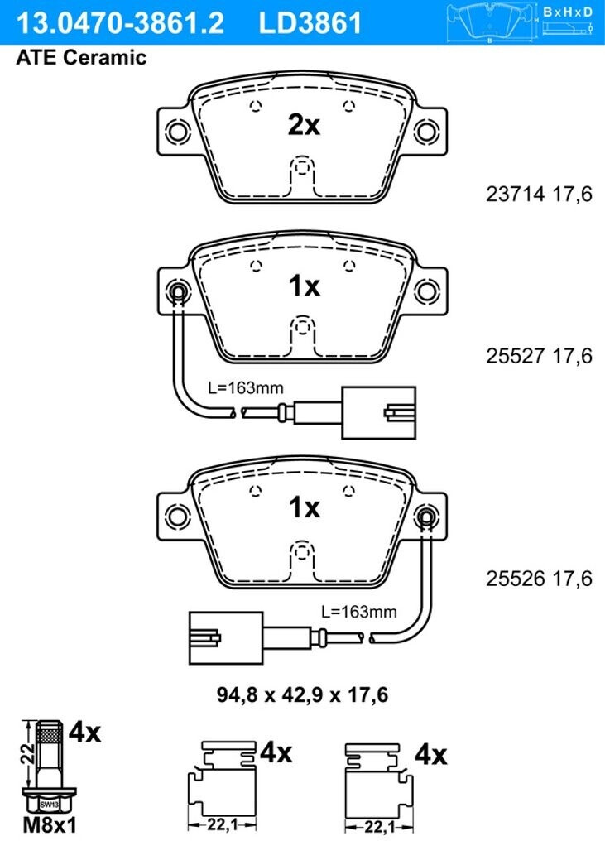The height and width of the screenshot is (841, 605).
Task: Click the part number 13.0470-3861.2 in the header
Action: coord(121,23)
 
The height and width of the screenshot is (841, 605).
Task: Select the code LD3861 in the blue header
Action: coord(310,23)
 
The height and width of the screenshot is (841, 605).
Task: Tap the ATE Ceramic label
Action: coord(82,57)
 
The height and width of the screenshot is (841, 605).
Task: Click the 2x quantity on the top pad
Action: coord(304,126)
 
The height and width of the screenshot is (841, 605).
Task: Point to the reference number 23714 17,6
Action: coord(539,194)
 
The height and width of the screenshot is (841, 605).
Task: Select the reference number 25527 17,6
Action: coord(539,356)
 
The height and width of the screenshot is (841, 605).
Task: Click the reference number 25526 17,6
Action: coord(539,578)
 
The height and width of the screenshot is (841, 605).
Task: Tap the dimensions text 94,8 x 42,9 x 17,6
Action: coord(303,695)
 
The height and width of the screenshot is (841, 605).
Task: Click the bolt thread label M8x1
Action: coord(50,825)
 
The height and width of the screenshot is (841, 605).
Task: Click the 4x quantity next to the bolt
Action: coord(84,732)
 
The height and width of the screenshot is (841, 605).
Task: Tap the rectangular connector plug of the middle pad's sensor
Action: coord(379,412)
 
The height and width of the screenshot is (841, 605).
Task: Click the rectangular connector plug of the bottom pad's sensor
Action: coord(226,638)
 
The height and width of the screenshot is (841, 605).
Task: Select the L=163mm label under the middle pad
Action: coord(246,387)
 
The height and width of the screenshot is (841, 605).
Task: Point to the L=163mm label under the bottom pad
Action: coord(359,612)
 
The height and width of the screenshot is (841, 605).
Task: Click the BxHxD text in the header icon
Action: coord(568,12)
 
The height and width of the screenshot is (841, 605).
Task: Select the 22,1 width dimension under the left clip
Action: coord(223,825)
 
